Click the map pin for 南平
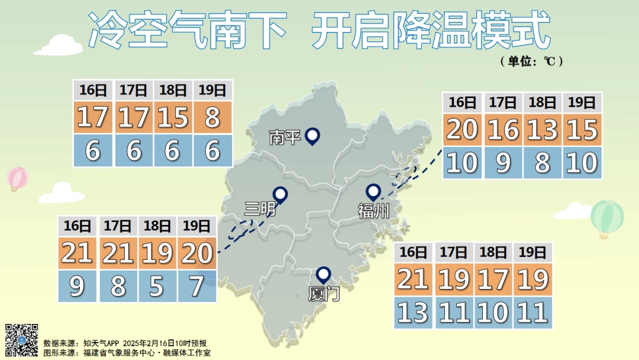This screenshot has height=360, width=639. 312,136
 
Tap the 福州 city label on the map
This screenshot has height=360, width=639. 374,210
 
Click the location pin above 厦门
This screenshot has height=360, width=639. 323,274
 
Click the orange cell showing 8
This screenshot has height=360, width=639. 213,117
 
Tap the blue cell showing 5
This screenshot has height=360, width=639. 157,287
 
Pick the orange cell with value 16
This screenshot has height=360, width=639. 503,128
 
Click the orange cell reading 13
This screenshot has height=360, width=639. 543,128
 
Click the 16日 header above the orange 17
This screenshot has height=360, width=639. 93,90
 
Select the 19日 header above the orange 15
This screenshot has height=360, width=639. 582,102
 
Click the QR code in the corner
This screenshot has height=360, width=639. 22,340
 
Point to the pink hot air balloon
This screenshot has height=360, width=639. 18,178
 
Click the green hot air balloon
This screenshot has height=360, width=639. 607,217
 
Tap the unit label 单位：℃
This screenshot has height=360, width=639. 531,61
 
